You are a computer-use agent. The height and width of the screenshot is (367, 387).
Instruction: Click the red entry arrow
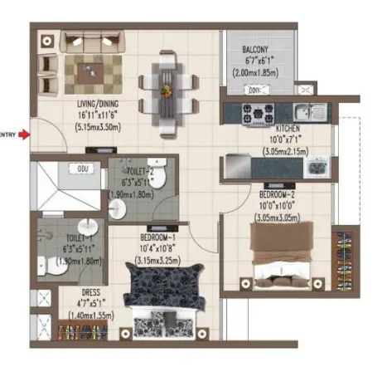[27, 133]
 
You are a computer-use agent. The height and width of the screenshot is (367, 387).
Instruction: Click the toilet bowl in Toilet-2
[163, 179]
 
